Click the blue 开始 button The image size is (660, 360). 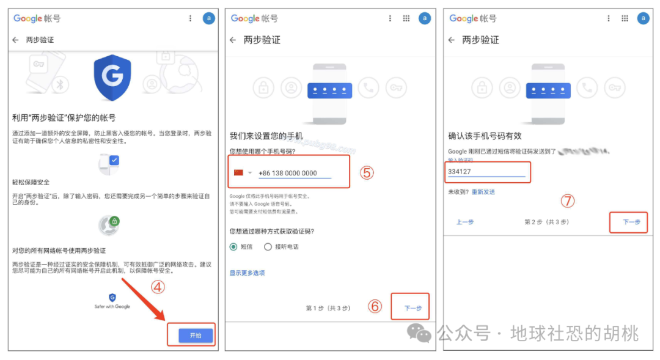tap(196, 336)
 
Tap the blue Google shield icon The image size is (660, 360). tap(112, 78)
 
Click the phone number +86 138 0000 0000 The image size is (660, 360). tap(288, 173)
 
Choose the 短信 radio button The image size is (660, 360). tap(233, 247)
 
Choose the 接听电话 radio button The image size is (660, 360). tap(268, 247)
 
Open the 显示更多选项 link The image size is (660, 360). tap(247, 273)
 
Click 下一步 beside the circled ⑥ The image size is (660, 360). tap(413, 308)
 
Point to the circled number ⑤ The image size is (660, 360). tap(366, 173)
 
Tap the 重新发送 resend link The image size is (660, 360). tap(483, 192)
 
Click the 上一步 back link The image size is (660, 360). tap(465, 222)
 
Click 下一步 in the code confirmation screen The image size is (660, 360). tap(631, 222)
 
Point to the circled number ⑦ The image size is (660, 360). tap(568, 200)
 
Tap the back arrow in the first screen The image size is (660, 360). tap(15, 40)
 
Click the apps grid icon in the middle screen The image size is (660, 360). tap(406, 18)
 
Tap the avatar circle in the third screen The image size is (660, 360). tap(643, 18)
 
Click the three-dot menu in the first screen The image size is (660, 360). tap(190, 18)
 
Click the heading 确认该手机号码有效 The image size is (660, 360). tap(485, 136)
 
